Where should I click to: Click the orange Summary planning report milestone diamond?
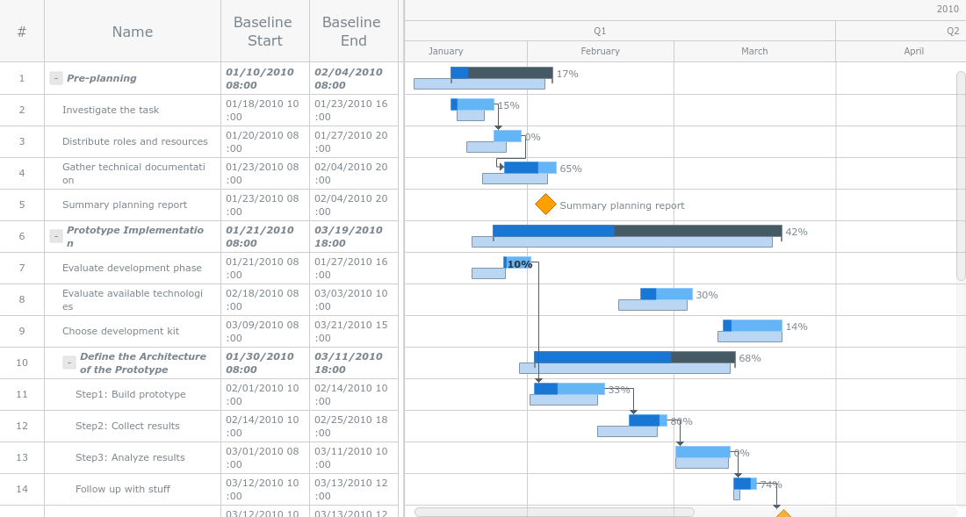(x=545, y=205)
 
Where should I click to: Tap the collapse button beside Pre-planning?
(x=56, y=78)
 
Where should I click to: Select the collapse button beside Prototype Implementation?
(x=56, y=236)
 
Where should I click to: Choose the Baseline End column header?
(x=351, y=32)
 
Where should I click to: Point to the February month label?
(x=601, y=51)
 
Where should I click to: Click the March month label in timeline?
(x=754, y=51)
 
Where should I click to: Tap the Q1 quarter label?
(x=600, y=31)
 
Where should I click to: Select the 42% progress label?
(x=797, y=232)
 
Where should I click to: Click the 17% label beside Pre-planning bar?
(x=567, y=74)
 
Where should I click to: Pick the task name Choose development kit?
(x=120, y=331)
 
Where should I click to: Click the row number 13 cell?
(x=22, y=457)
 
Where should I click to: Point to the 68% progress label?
(x=750, y=358)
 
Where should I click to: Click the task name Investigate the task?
(x=111, y=110)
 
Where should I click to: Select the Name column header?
(x=133, y=32)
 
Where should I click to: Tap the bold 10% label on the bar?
(x=520, y=264)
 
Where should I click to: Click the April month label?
(x=913, y=51)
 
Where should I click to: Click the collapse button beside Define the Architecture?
(x=69, y=363)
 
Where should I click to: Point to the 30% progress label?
(x=707, y=295)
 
